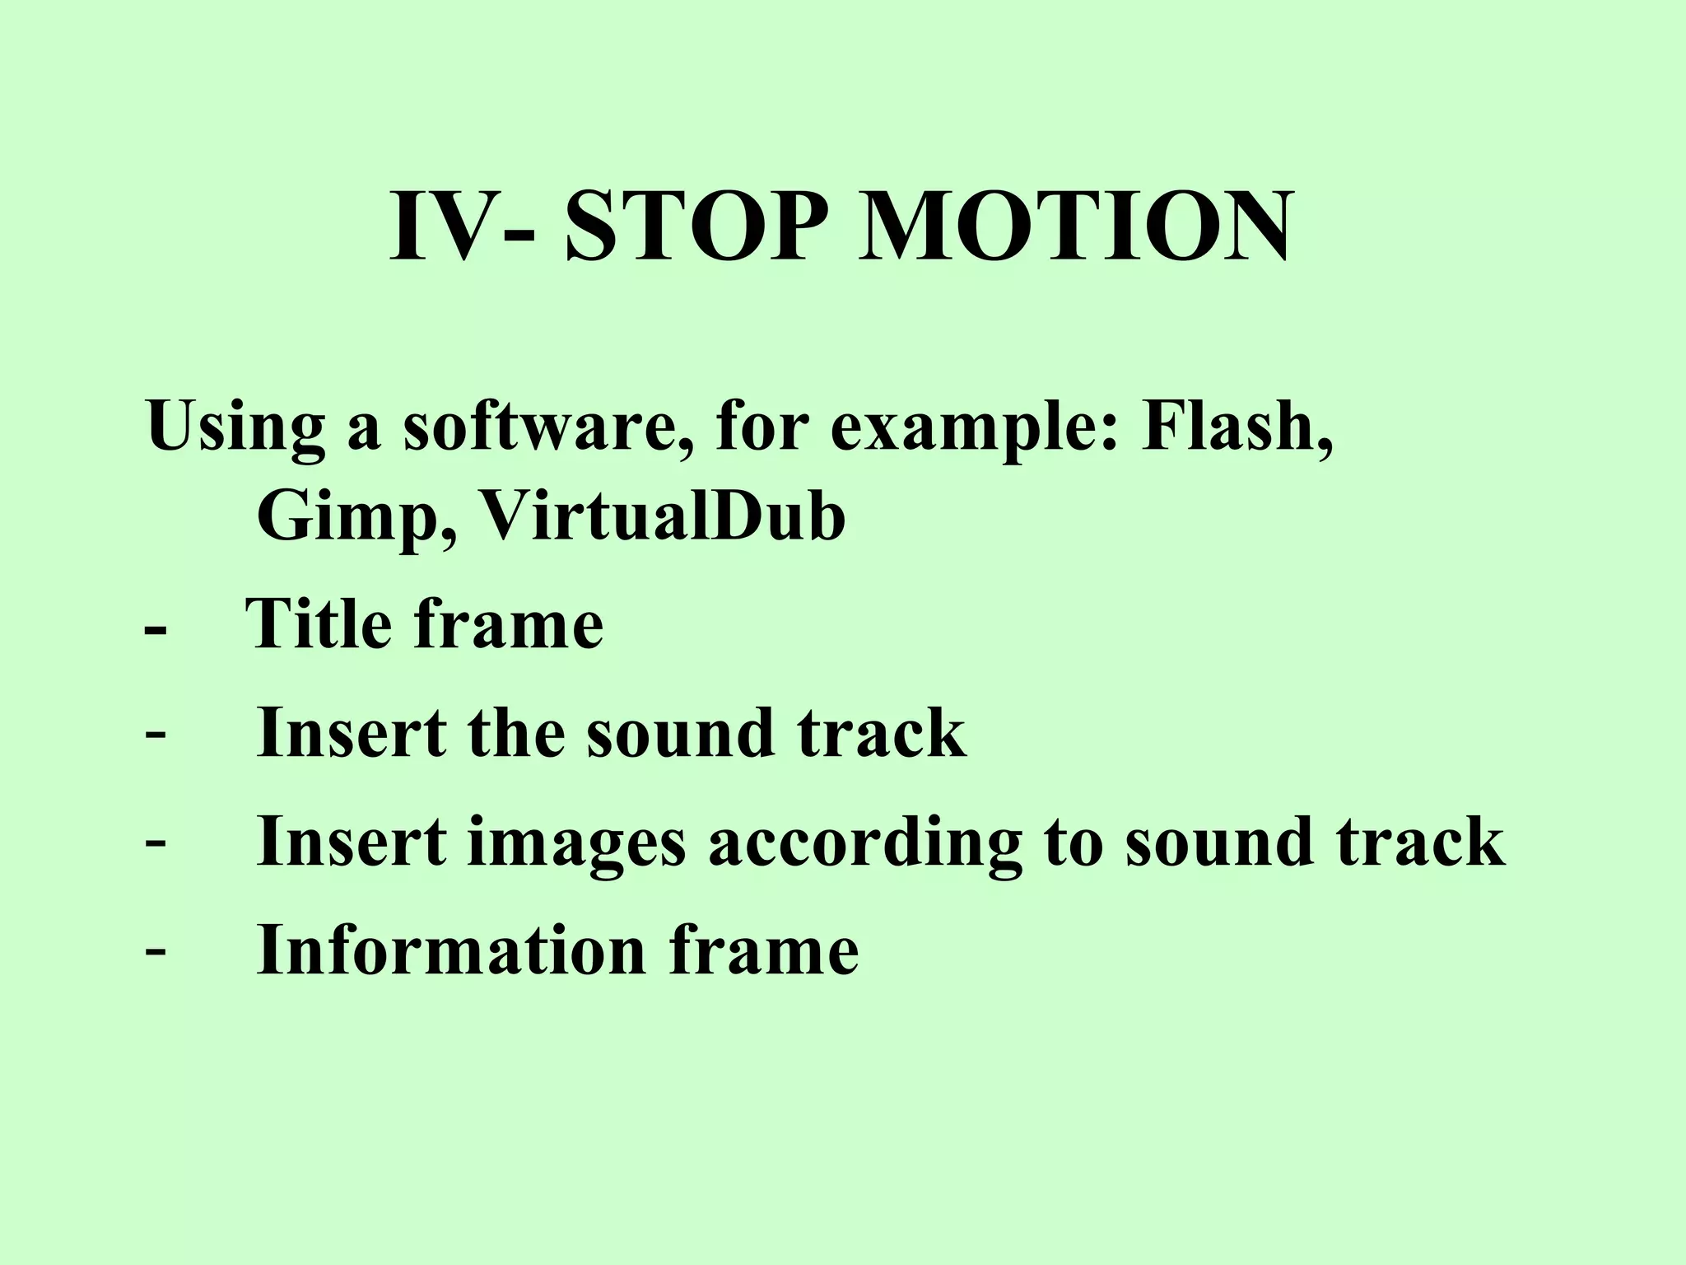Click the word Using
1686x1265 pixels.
point(235,428)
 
